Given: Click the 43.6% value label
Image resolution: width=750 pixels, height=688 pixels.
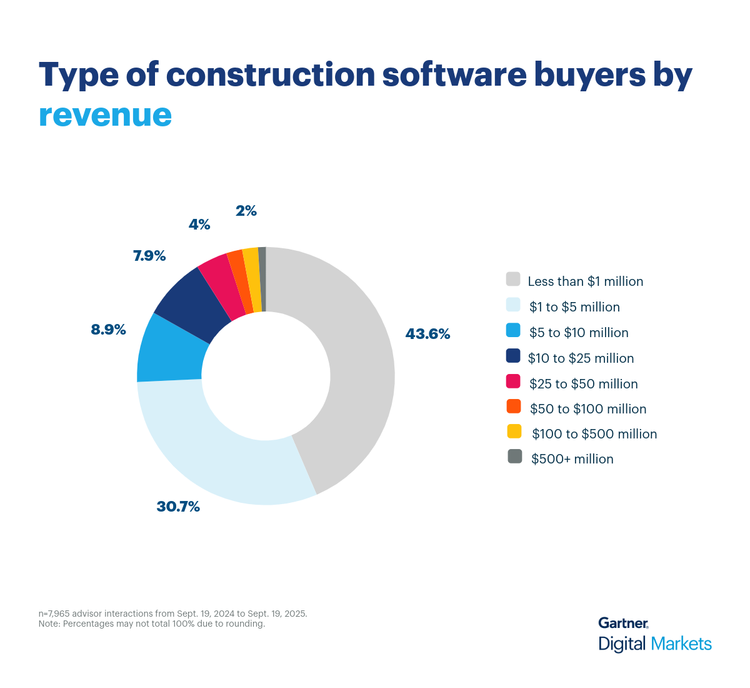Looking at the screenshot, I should point(427,334).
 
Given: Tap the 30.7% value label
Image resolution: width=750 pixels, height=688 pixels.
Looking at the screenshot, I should point(178,507).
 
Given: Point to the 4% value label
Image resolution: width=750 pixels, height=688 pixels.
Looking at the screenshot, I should point(199,225).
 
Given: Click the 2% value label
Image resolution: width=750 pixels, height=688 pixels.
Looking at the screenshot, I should point(246,211).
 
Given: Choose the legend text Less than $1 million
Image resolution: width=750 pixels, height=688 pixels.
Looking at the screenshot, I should point(585,281).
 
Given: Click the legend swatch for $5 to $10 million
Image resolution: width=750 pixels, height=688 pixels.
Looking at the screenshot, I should point(513,330).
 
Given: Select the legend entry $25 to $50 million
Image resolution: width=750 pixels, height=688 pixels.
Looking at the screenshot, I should point(583,383).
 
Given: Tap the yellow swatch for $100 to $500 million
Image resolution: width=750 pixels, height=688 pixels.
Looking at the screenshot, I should point(514,431).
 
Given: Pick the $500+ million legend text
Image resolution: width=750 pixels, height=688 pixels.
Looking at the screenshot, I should point(572,459).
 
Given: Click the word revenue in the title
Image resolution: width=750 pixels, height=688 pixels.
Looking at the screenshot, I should point(105,114).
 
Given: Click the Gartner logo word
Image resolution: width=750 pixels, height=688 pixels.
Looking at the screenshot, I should point(622,623).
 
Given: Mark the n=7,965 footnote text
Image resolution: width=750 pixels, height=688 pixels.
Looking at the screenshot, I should point(172,614).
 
